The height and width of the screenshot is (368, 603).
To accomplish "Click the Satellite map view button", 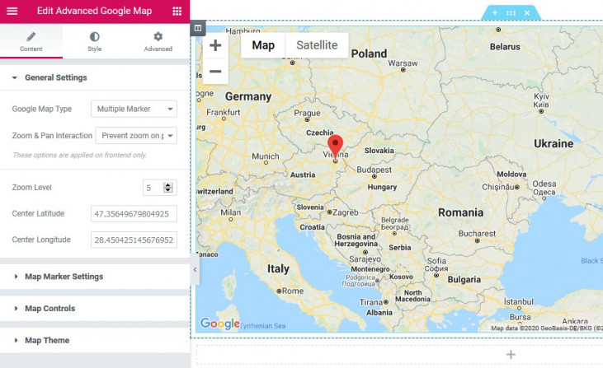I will pos(317,45).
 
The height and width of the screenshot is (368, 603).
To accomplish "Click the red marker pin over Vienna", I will pos(335,144).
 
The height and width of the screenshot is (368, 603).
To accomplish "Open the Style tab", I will pos(95,42).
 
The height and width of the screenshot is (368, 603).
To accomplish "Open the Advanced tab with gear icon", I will pos(158,42).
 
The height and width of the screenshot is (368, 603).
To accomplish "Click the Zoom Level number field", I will pos(153,188).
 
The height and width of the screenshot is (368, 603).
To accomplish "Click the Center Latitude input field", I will pos(134,214).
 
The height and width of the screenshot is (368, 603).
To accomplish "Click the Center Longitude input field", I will pos(134,240).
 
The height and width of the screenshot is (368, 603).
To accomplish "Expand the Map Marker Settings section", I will pos(64,277).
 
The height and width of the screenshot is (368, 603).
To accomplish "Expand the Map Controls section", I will pos(49,309).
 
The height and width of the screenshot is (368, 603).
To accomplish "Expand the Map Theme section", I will pos(47,340).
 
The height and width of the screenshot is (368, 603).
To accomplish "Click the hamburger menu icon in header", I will pos(12,11).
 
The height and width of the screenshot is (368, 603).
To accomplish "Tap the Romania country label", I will pos(460,212).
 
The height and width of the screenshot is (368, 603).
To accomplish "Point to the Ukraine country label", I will pos(553,143).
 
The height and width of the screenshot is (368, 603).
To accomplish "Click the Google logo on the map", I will pos(219,324).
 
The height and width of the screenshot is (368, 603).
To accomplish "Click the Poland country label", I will pos(369,54).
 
